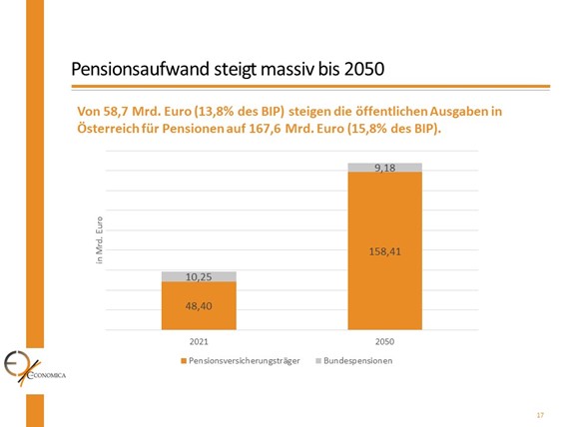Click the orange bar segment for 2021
(199, 305)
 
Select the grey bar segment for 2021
(199, 276)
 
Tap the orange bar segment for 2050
(384, 249)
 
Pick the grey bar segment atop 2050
(384, 168)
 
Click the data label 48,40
(199, 307)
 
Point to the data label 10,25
(199, 276)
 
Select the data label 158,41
(384, 251)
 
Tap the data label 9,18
(384, 168)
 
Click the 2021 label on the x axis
(199, 341)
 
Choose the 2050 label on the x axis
(384, 341)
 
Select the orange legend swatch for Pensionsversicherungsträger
(183, 360)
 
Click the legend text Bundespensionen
(358, 360)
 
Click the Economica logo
(30, 368)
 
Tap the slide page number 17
(539, 414)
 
